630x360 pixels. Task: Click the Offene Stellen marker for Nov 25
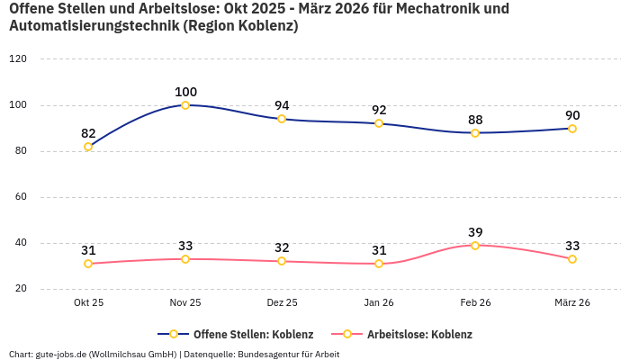(185, 105)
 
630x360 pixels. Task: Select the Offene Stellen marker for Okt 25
(88, 147)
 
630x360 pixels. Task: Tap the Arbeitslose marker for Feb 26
(475, 246)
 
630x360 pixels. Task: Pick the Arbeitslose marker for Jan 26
(379, 264)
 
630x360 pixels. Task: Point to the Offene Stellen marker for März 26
(572, 129)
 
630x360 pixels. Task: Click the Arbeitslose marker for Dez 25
(282, 261)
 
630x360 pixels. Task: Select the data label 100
(185, 92)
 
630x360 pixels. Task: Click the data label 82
(88, 133)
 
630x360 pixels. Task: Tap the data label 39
(475, 232)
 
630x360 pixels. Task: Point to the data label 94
(282, 105)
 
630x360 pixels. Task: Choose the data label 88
(475, 120)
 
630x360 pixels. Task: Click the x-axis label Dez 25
(282, 303)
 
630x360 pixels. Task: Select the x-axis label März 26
(572, 303)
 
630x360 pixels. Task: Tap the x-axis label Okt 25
(88, 303)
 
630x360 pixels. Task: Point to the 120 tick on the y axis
(18, 58)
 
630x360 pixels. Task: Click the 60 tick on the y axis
(21, 197)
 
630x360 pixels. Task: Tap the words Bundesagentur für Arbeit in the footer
(288, 355)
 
